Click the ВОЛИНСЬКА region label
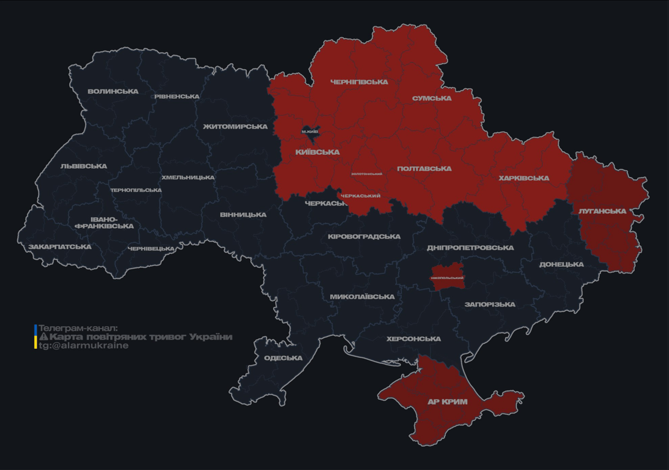pos(113,92)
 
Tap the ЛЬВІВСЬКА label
pos(84,166)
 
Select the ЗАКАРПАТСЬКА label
pos(60,247)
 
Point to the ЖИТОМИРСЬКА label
pos(235,127)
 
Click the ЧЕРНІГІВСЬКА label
pos(359,82)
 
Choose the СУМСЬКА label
pos(432,98)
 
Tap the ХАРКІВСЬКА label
pos(523,178)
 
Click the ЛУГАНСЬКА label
pos(602,211)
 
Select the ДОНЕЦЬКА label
pos(561,264)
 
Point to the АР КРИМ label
pos(448,402)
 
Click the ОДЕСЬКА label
pos(283,358)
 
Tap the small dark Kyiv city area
pos(310,132)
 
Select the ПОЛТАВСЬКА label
pos(424,168)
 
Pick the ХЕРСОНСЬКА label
pos(413,339)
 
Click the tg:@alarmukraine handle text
pos(84,346)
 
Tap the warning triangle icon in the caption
pos(43,337)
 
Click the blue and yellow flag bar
pos(35,337)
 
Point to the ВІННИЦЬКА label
pos(243,215)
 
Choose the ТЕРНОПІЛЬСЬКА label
pos(136,190)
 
